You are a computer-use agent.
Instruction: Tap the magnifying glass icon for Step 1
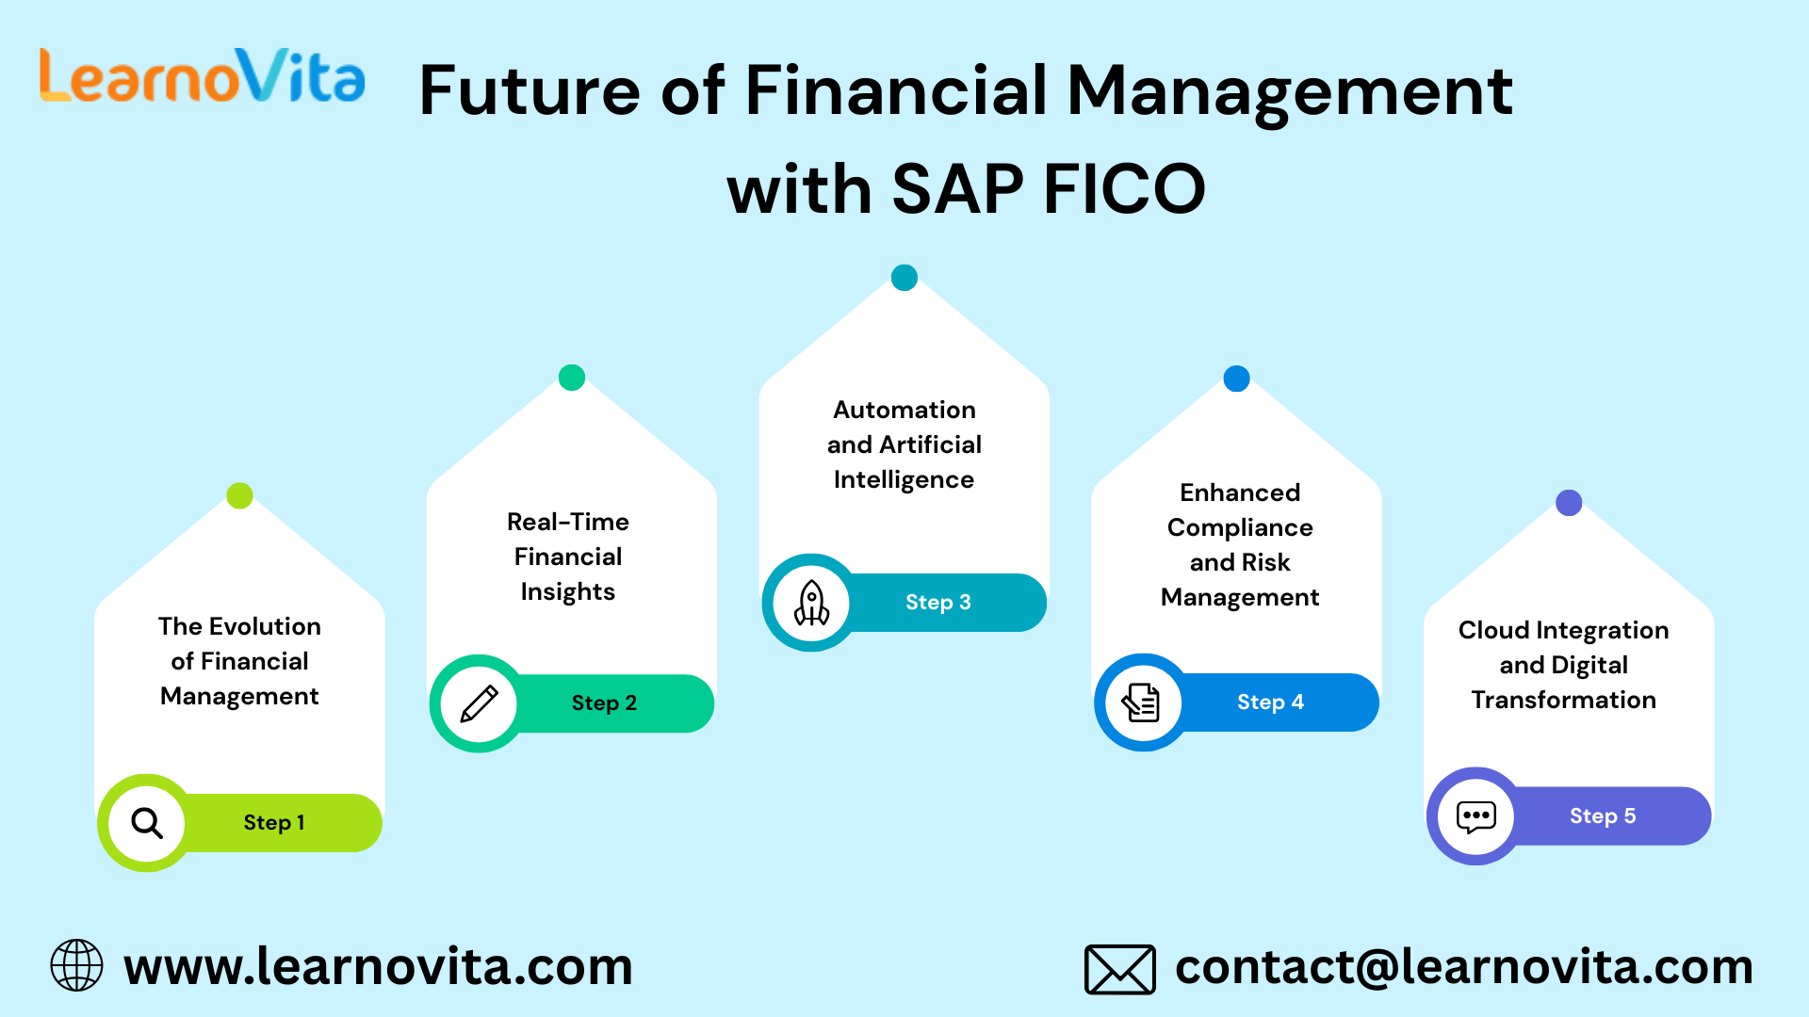point(147,823)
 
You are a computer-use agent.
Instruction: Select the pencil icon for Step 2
point(479,704)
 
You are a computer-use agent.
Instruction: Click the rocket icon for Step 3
point(811,603)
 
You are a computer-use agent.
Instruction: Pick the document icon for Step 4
point(1141,702)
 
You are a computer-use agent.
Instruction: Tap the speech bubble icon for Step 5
point(1476,816)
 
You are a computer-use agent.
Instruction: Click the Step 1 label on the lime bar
point(274,823)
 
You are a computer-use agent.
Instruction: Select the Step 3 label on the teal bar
point(938,603)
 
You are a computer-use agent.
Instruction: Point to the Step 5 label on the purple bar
point(1603,816)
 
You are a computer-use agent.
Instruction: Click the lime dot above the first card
point(240,495)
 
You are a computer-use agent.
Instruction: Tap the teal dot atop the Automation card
point(904,278)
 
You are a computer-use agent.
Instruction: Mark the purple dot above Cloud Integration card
point(1569,503)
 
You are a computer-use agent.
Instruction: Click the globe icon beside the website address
point(76,965)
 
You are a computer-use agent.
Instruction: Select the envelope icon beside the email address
point(1120,970)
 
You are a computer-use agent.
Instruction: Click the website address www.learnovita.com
point(378,967)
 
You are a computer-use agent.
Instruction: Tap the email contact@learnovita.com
point(1464,967)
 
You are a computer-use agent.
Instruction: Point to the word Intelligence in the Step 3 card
point(904,480)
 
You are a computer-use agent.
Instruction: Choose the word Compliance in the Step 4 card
point(1240,528)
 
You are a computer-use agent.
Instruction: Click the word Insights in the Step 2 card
point(568,592)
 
